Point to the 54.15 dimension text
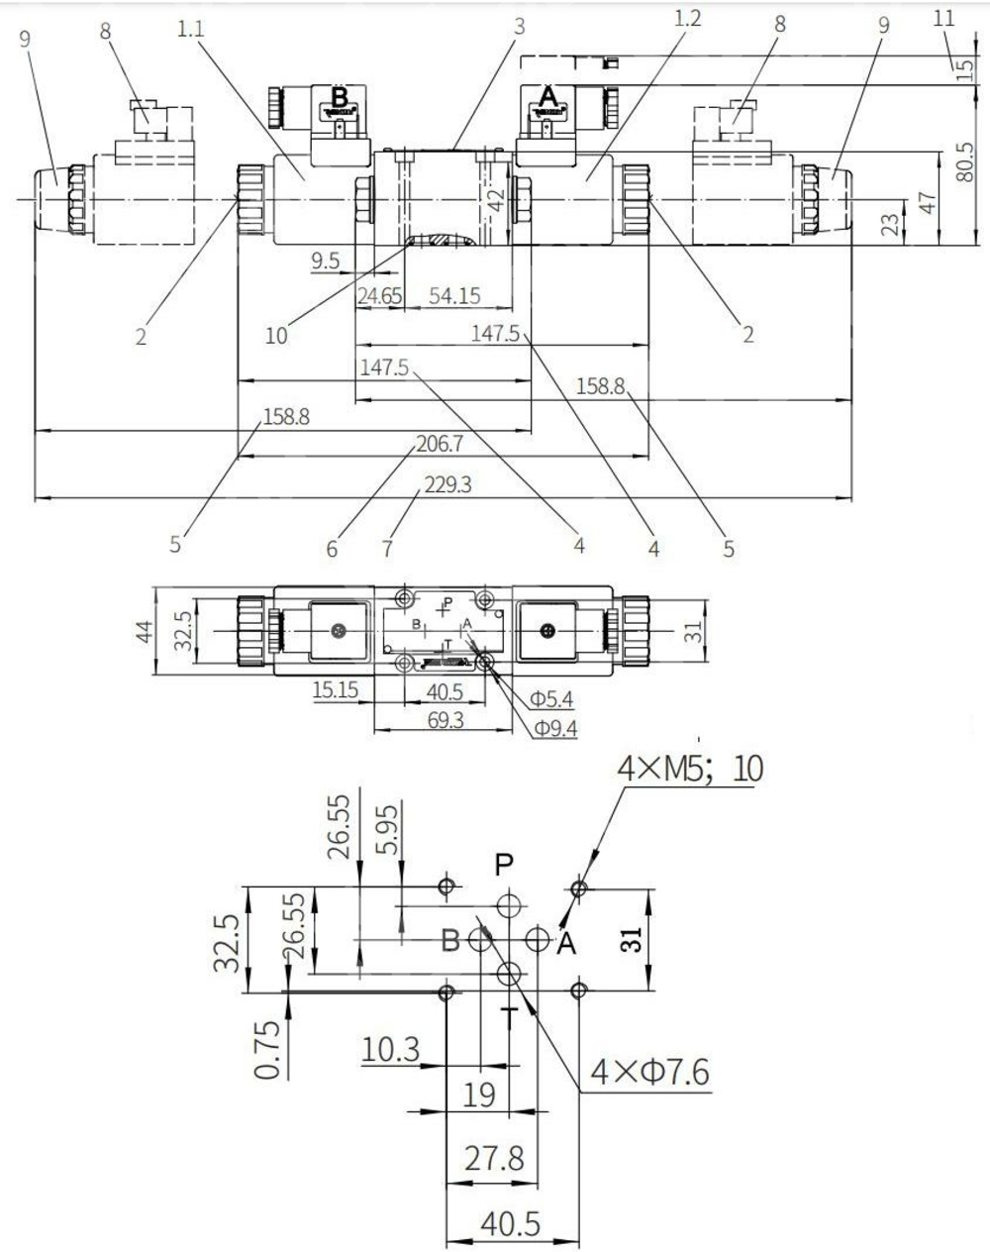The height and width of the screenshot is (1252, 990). (x=455, y=295)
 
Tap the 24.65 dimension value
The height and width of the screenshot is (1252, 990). (x=380, y=295)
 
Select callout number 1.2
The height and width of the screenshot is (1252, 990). (x=686, y=19)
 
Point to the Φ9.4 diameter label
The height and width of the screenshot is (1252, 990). (x=556, y=729)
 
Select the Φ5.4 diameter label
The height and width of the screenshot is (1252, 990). (x=551, y=700)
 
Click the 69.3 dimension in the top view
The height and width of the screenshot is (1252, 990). (x=445, y=720)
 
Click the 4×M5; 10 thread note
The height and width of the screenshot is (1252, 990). (x=690, y=768)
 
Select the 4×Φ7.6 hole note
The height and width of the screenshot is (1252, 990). (x=649, y=1071)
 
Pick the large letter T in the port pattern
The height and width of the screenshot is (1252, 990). (x=509, y=1016)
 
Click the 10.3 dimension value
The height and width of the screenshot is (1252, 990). (x=392, y=1048)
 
